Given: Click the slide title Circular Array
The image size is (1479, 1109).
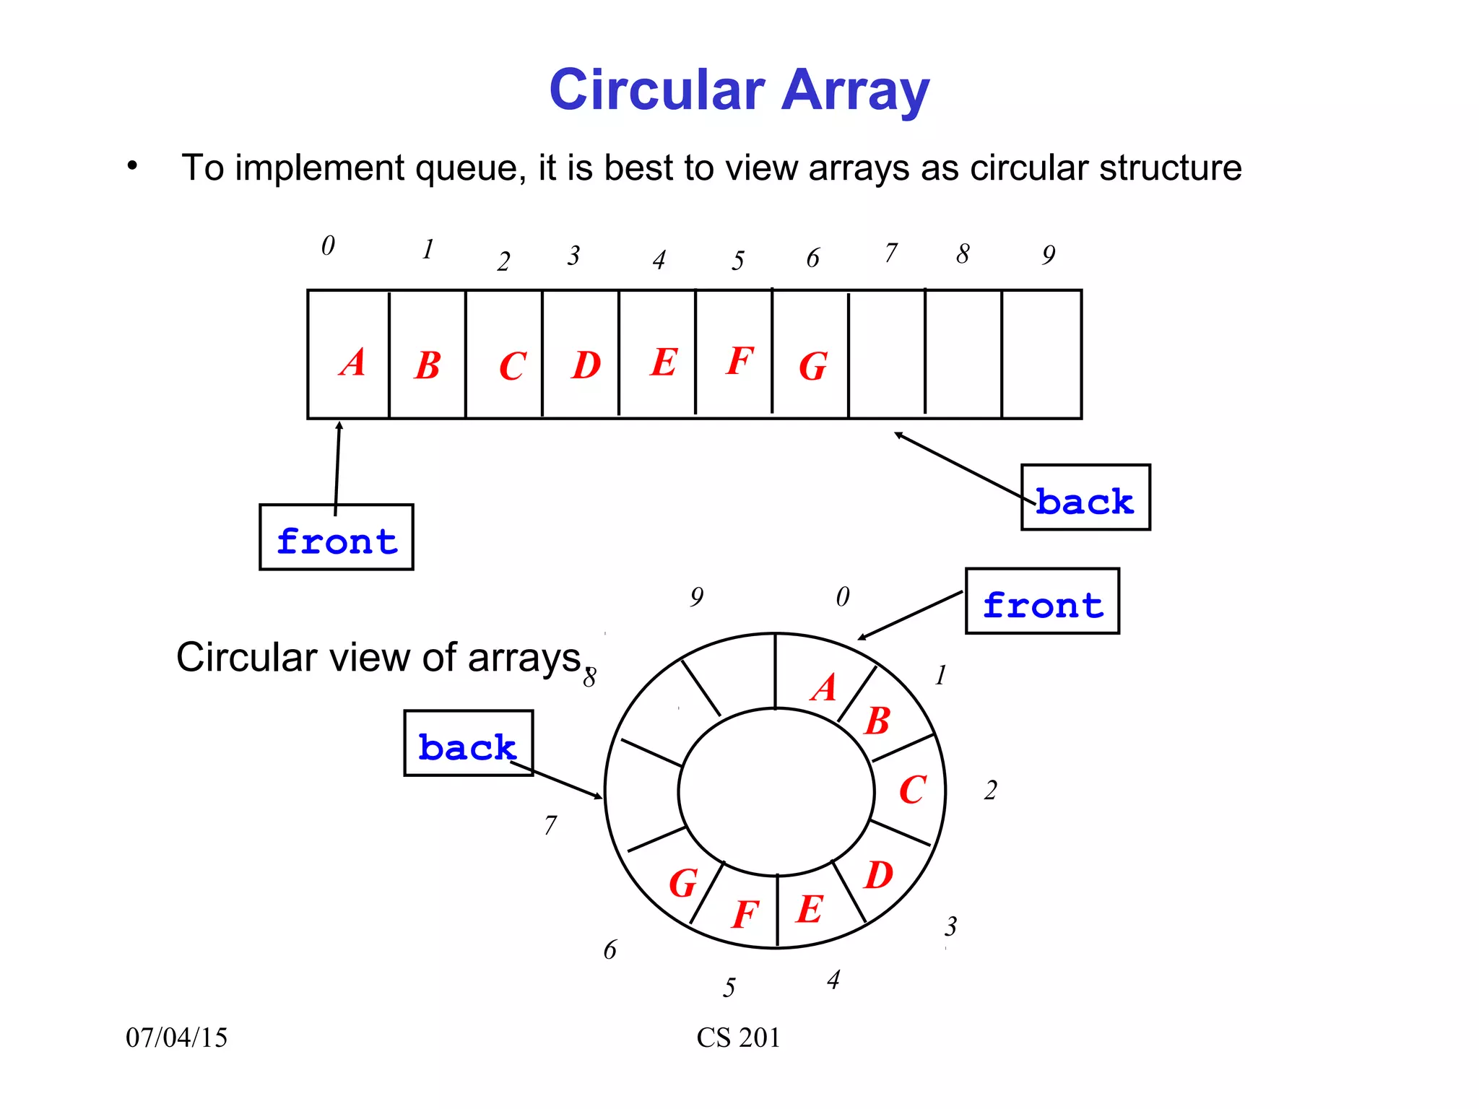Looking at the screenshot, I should click(x=739, y=90).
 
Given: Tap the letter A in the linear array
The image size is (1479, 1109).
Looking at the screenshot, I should click(x=353, y=362).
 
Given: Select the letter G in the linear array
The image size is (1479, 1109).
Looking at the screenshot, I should click(x=812, y=366).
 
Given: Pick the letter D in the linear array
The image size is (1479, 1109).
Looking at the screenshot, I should click(x=586, y=365).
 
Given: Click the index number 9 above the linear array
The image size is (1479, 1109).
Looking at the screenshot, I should click(x=1049, y=255).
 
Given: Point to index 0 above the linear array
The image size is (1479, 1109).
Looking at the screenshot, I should click(x=328, y=246).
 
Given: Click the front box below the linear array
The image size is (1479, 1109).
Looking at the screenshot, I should click(x=337, y=538).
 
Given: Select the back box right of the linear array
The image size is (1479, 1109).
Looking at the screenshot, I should click(x=1085, y=498).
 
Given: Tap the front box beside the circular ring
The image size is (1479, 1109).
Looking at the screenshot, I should click(x=1042, y=601).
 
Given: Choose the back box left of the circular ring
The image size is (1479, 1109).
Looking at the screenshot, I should click(x=468, y=744).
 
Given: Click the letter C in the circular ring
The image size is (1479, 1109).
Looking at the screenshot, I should click(x=912, y=789).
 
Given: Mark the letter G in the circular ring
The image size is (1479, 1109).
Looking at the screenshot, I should click(x=682, y=883).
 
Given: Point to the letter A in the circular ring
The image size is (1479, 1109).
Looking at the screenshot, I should click(x=823, y=687).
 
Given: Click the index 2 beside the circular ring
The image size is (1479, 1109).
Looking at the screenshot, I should click(x=990, y=791).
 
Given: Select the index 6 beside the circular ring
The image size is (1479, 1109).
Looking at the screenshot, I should click(x=610, y=950).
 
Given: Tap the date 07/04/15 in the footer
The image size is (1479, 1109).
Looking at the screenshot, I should click(x=176, y=1038).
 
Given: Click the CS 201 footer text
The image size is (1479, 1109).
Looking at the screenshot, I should click(x=738, y=1038).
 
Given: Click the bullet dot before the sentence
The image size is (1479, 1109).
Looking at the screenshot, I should click(x=131, y=166).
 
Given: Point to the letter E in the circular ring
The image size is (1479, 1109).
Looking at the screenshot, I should click(x=810, y=908).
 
